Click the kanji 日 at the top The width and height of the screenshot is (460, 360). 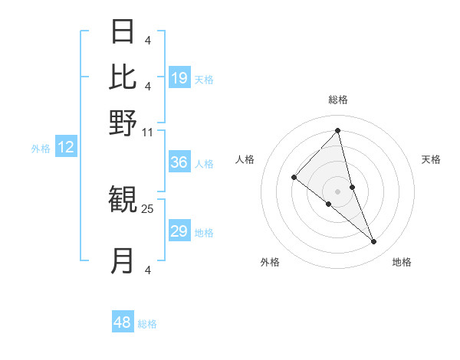(x=123, y=31)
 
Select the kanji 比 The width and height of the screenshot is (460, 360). (x=123, y=77)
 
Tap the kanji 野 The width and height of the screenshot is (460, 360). (x=123, y=122)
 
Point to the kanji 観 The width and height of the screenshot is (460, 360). (x=123, y=201)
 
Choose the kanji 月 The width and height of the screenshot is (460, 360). (x=123, y=260)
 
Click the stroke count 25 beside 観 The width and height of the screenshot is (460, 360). (x=148, y=208)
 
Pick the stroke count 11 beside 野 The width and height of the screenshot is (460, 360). (x=148, y=132)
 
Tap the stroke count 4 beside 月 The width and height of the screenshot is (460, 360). (x=148, y=270)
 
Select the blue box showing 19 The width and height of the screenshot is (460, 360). (x=179, y=77)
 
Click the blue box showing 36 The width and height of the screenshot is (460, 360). (x=179, y=162)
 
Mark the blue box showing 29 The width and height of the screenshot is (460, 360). (x=179, y=231)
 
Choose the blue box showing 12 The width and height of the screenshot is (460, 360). (x=66, y=147)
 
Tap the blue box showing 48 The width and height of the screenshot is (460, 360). (x=123, y=322)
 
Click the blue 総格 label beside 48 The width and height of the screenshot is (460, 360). (x=147, y=324)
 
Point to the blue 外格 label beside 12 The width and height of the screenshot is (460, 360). (x=41, y=149)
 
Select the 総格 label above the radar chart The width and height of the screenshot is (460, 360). (x=337, y=100)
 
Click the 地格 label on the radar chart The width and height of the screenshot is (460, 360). (x=402, y=262)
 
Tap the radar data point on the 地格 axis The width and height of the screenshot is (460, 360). (x=374, y=242)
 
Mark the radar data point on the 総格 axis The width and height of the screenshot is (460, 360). (x=337, y=131)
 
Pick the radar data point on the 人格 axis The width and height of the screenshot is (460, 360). (x=294, y=178)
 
